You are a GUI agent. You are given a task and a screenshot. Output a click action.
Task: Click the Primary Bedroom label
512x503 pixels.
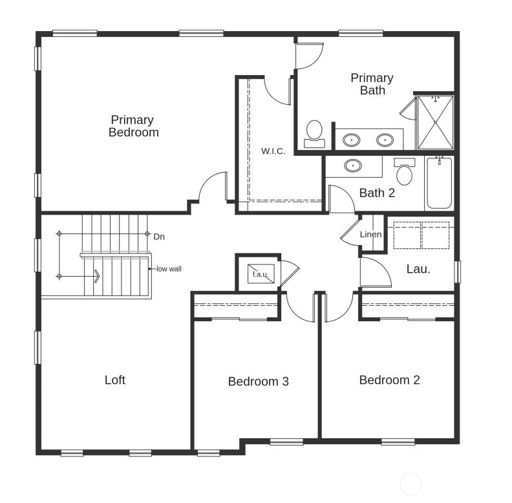point(133,126)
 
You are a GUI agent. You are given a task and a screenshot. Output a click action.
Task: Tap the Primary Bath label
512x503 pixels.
point(372,84)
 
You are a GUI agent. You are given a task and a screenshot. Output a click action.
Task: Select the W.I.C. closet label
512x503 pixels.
point(273,151)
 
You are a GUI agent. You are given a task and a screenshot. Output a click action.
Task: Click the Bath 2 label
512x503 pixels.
point(377,193)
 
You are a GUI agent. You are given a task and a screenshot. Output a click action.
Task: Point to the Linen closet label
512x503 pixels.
point(370,235)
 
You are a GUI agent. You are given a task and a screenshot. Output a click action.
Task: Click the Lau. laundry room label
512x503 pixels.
point(418,269)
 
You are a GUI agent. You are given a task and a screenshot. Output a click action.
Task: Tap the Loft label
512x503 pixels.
point(115,380)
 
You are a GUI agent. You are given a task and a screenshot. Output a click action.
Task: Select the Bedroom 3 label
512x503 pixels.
point(258,381)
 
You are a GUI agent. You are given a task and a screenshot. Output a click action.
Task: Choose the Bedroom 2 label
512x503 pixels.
point(389,380)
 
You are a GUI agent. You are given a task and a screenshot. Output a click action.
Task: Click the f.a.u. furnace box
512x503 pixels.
point(261,274)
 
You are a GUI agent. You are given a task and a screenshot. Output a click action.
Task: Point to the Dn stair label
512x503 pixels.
point(159,237)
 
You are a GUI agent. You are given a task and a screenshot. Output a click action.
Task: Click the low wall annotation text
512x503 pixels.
point(169,268)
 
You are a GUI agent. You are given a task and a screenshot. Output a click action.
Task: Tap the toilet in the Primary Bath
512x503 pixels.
point(315,132)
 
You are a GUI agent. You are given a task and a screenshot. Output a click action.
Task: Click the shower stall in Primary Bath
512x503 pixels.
point(435,122)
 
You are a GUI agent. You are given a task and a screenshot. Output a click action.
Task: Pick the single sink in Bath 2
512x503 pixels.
point(353,166)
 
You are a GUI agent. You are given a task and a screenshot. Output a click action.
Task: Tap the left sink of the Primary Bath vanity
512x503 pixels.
point(352,139)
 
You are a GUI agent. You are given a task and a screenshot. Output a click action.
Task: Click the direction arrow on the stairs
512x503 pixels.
point(96,277)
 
